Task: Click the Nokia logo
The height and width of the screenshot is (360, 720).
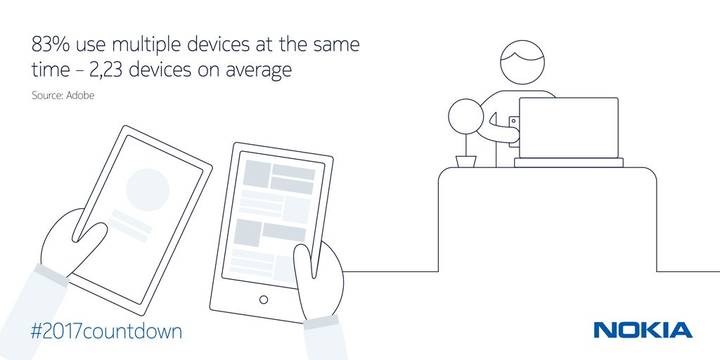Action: point(643,330)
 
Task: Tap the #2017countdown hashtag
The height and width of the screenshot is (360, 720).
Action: point(106,331)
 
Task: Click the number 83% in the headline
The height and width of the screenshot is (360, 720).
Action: point(51,45)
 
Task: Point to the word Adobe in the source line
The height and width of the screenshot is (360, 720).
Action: point(80,96)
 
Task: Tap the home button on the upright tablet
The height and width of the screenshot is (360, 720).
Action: point(264,300)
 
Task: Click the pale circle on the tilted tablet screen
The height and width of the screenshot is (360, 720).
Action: point(148,190)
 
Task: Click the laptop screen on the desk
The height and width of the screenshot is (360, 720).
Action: point(568,128)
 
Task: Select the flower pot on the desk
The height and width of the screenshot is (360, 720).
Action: point(466,162)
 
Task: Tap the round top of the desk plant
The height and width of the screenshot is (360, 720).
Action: point(465,117)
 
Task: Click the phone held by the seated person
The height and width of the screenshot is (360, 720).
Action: point(514,131)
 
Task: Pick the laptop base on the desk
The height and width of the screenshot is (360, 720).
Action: point(568,162)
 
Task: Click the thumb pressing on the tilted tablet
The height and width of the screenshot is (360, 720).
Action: point(92,242)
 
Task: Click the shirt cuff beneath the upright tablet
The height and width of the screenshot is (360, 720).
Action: point(321,321)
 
